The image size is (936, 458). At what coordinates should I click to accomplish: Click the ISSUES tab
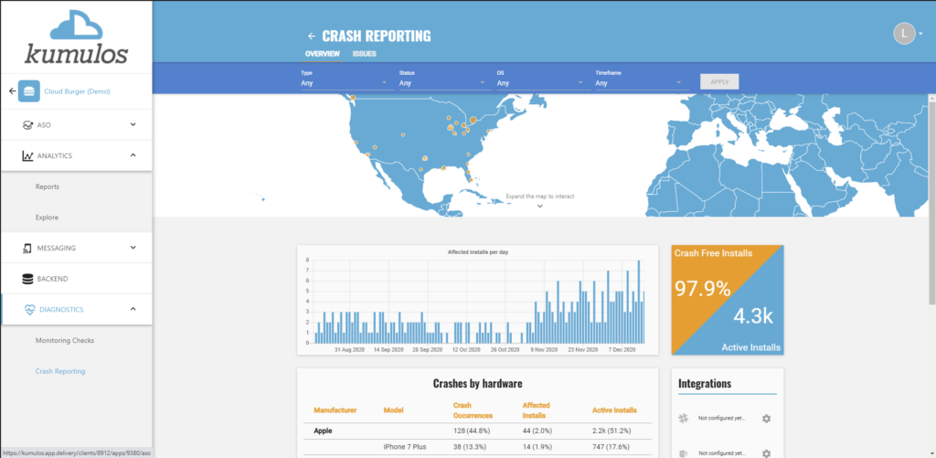pos(364,54)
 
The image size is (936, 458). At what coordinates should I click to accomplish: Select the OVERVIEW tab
pos(323,54)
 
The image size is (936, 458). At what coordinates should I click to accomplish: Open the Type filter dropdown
pos(346,83)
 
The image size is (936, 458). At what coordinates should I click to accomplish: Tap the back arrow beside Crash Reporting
pos(312,37)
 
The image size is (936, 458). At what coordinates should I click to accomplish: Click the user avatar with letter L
pos(903,34)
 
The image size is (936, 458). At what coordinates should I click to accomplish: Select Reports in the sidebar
pos(48,186)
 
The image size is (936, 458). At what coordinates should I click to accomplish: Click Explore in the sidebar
pos(48,218)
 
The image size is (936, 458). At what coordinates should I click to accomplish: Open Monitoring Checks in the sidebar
pos(65,340)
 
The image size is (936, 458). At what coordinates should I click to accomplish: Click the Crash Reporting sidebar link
pos(60,371)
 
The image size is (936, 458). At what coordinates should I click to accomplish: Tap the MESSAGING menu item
pos(57,248)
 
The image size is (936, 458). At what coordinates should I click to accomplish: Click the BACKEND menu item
pos(53,278)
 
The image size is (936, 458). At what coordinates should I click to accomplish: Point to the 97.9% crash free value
pos(702,289)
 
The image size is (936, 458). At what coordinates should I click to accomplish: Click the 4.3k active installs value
pos(753,316)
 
